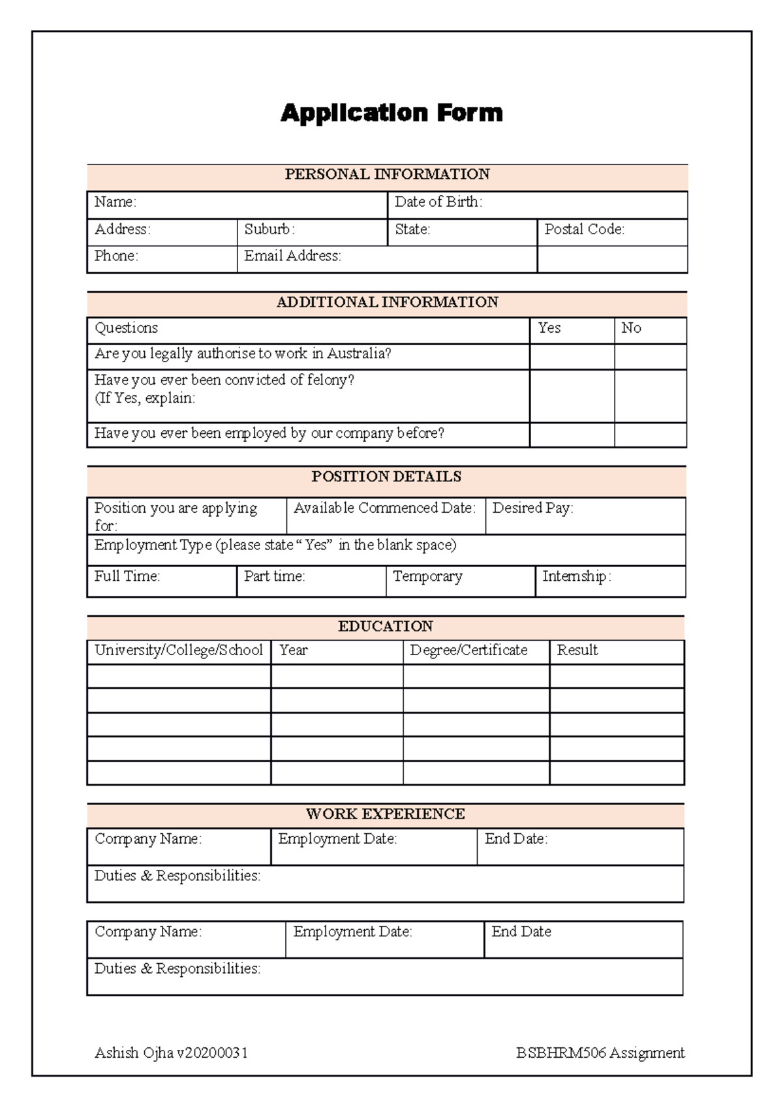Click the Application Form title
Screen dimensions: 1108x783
391,113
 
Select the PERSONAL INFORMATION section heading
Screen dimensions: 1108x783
387,174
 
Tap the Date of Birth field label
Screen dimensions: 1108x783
438,202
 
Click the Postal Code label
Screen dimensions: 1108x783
584,229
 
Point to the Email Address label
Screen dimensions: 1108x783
292,256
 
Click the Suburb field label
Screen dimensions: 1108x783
269,229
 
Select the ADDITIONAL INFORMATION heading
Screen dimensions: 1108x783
387,302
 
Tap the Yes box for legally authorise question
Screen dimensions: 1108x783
572,356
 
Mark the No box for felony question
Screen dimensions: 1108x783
650,396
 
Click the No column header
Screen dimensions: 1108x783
631,328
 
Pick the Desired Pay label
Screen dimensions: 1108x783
532,508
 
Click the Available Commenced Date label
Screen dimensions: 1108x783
384,508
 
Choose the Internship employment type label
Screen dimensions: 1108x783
576,576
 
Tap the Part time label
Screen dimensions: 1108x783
274,576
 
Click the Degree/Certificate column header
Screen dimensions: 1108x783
468,650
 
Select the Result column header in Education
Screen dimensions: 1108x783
577,650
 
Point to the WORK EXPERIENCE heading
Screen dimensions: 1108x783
385,814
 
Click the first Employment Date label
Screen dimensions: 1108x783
337,839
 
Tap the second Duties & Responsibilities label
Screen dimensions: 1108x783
177,968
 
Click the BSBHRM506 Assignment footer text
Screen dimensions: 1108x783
600,1053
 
